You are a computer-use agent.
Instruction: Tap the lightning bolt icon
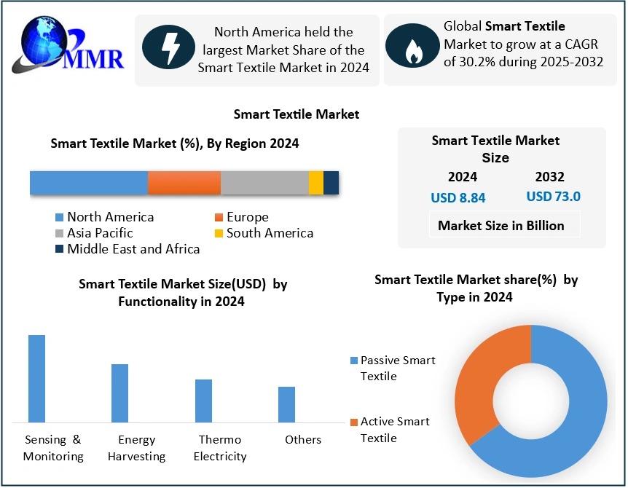tap(170, 48)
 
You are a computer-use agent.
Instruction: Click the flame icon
tap(412, 48)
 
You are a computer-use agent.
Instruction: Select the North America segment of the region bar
tap(89, 182)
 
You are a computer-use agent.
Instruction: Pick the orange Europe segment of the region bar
tap(184, 182)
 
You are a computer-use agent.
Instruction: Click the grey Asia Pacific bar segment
tap(264, 182)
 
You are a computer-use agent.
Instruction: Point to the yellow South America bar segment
tap(316, 182)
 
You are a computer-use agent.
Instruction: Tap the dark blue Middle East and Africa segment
tap(331, 182)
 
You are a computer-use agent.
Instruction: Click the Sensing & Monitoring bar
tap(36, 379)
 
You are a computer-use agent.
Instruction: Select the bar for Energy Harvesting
tap(119, 393)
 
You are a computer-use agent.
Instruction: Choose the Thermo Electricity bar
tap(203, 401)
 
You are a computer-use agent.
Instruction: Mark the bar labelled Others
tap(286, 404)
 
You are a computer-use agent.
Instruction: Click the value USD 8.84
tap(458, 197)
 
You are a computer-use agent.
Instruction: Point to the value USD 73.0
tap(553, 196)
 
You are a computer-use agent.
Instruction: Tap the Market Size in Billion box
tap(501, 226)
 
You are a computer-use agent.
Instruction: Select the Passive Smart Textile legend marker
tap(354, 361)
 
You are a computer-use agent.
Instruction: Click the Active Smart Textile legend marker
tap(354, 422)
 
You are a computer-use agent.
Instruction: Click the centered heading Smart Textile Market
tap(297, 114)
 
